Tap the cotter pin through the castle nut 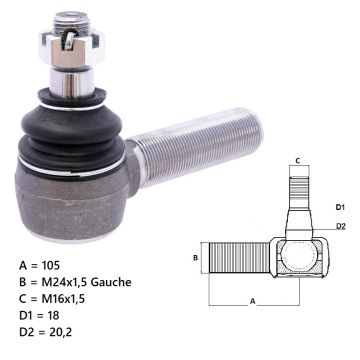tap(69, 40)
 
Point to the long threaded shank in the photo tap(197, 146)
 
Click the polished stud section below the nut tap(72, 81)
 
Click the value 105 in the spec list tap(51, 265)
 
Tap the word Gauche tap(111, 282)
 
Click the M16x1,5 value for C tap(63, 299)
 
